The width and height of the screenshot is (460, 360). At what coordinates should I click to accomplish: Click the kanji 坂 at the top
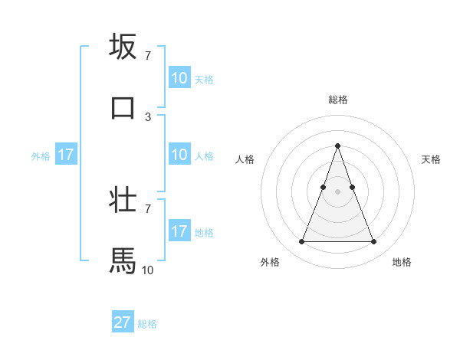(x=123, y=47)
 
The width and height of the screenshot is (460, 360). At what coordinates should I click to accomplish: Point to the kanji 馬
(x=123, y=260)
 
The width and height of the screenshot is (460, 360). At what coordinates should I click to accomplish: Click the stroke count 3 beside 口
(x=148, y=116)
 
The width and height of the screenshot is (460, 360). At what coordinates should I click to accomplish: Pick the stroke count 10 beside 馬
(x=147, y=270)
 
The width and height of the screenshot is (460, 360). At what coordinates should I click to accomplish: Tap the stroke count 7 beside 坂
(x=148, y=55)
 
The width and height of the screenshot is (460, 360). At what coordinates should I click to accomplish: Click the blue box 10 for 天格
(x=179, y=78)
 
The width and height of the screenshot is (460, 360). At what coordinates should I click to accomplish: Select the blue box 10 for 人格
(x=179, y=155)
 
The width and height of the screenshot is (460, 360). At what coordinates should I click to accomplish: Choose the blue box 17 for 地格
(x=179, y=231)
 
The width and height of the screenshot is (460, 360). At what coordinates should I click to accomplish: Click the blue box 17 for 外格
(x=66, y=155)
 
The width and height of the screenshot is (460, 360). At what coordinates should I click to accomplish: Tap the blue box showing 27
(x=123, y=322)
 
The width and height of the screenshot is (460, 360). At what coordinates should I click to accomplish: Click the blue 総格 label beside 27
(x=147, y=324)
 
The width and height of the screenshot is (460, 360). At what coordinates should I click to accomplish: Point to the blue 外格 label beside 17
(x=41, y=156)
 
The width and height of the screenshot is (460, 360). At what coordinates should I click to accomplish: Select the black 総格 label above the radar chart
(x=338, y=100)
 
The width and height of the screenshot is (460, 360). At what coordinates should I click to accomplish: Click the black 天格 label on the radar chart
(x=432, y=159)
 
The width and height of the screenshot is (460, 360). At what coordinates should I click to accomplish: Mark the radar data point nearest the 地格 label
(x=374, y=242)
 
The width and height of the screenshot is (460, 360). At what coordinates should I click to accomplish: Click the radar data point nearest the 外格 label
(x=301, y=242)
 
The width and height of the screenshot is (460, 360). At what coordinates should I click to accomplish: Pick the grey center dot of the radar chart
(x=337, y=191)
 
